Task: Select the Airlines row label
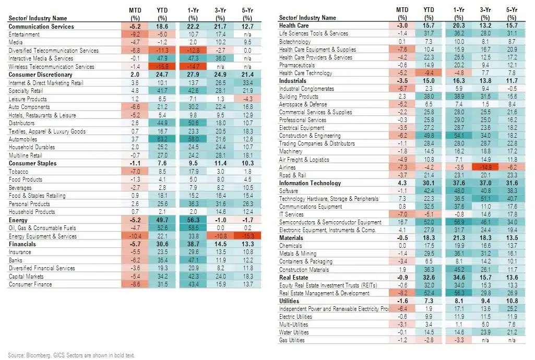click(288, 167)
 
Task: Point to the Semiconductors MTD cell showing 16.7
click(402, 223)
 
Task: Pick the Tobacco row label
click(18, 172)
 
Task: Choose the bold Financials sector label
click(22, 244)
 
